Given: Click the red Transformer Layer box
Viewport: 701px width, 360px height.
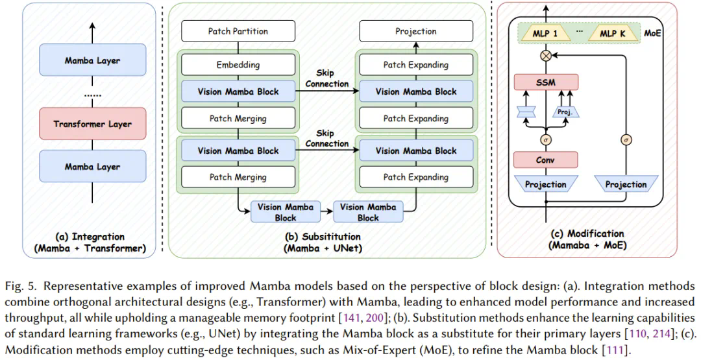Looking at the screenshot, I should (92, 124).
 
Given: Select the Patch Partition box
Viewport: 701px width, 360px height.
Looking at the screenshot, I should (238, 31).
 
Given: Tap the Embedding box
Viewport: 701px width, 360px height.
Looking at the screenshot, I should (238, 65).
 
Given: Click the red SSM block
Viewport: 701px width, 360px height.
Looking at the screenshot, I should (546, 82).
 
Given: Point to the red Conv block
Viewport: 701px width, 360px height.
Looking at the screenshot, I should (546, 160).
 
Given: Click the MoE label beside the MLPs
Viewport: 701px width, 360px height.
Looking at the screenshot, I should (652, 33).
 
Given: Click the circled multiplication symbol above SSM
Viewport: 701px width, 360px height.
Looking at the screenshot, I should (546, 56).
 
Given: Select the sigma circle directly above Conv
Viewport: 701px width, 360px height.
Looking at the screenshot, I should (546, 138).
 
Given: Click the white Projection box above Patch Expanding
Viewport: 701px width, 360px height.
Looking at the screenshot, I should (416, 31).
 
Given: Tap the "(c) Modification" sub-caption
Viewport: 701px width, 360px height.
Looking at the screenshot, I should (586, 234).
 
